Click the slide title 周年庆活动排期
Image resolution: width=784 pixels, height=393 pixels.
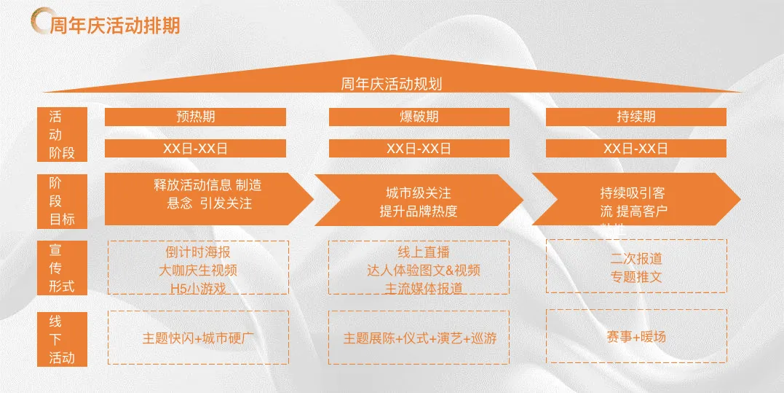click(x=115, y=26)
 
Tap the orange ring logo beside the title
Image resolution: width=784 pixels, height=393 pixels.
click(x=41, y=23)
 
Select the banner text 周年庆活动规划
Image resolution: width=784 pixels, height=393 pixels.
click(x=391, y=83)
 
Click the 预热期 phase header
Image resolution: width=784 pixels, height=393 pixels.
click(x=195, y=117)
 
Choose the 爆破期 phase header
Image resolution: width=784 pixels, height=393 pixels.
click(x=419, y=117)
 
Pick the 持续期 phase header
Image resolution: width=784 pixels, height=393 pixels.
click(x=635, y=117)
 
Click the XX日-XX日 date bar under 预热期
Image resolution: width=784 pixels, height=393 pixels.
click(x=195, y=148)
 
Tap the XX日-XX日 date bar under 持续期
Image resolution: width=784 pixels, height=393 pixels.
click(x=635, y=148)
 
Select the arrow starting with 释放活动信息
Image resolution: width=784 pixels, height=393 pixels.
click(x=207, y=195)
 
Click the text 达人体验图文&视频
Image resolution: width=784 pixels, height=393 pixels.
click(x=423, y=271)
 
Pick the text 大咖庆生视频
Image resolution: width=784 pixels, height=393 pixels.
click(x=198, y=271)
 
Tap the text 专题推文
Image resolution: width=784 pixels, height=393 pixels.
click(x=636, y=277)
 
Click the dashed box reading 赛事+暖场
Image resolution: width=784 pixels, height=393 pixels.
click(x=635, y=337)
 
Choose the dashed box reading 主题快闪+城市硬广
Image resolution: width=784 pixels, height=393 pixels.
click(x=198, y=338)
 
